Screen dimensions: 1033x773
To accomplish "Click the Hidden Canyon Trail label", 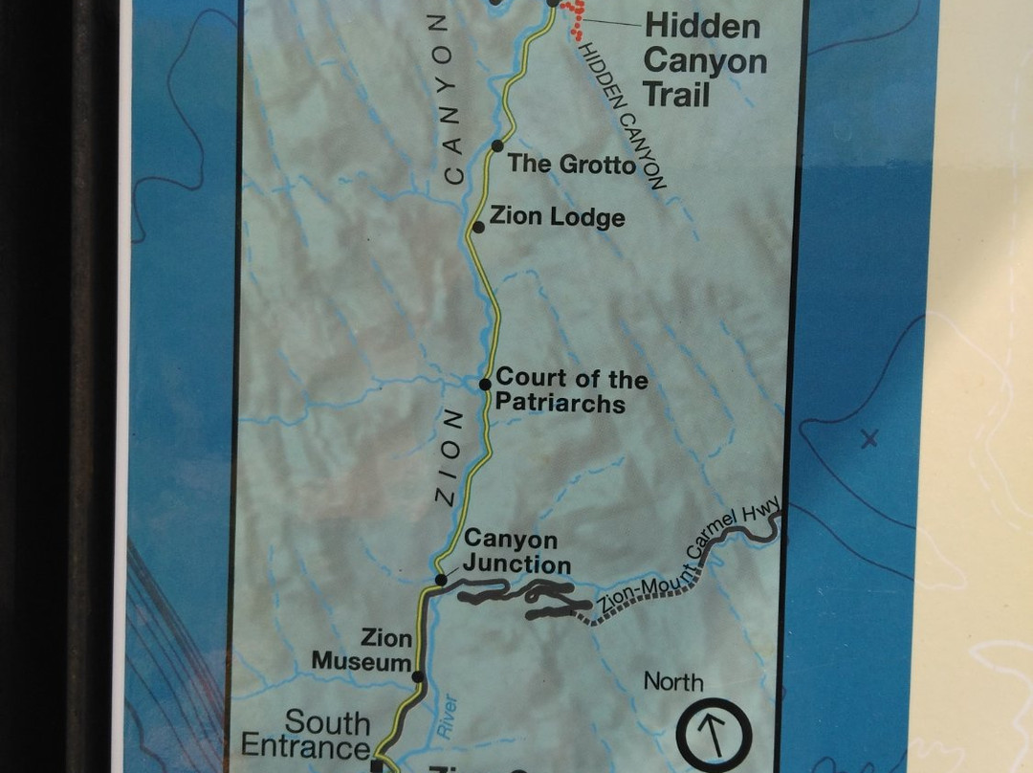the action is click(704, 59).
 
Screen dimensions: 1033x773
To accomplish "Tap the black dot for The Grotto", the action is click(497, 145).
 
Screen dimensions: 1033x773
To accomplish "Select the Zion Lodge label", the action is click(557, 217).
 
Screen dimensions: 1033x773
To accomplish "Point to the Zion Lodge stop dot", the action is click(478, 227).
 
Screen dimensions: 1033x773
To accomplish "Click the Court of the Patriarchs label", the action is click(571, 391).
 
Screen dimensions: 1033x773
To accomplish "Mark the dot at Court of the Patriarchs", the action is click(485, 384).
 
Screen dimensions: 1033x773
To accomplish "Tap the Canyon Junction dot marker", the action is click(441, 580).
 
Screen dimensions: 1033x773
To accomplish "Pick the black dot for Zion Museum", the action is click(417, 676).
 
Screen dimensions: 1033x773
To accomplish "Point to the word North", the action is click(673, 682).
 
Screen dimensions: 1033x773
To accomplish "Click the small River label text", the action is click(449, 715).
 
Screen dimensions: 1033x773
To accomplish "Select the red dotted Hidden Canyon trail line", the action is click(575, 19).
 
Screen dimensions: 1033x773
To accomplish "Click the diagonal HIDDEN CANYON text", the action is click(622, 115).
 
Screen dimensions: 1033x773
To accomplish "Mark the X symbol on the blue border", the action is click(868, 439).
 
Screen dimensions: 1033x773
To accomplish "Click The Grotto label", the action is click(571, 164).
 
